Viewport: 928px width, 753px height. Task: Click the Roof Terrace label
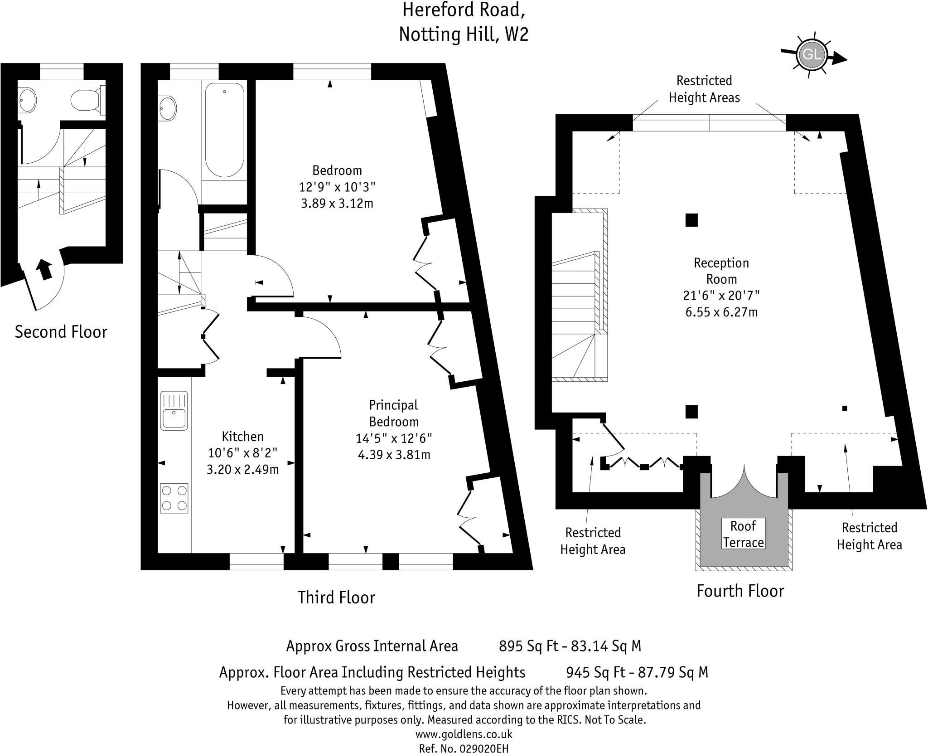point(743,534)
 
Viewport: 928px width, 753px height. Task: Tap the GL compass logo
point(811,55)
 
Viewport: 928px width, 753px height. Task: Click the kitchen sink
point(174,410)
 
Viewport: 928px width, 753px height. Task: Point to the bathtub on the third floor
point(224,130)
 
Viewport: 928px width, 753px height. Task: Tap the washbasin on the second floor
point(28,100)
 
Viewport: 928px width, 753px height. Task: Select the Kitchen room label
point(242,437)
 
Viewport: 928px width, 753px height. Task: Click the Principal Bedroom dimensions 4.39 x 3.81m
point(394,455)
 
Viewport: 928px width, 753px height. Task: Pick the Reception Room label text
point(721,271)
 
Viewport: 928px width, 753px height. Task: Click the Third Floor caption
point(336,598)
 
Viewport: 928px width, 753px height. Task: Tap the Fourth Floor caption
point(740,591)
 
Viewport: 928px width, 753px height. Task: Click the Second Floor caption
point(61,332)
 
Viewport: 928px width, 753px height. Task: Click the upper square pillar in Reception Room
point(691,220)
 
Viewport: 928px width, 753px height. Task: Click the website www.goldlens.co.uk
point(464,734)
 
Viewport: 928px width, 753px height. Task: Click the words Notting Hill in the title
point(447,34)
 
